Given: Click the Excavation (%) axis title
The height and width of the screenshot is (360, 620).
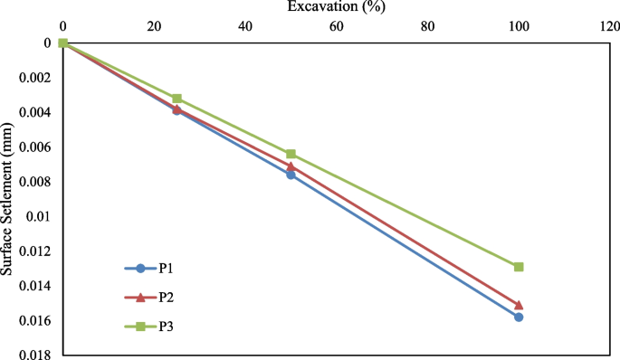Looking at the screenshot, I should point(334,7).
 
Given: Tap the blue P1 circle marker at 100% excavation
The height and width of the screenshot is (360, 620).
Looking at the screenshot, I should point(519,317).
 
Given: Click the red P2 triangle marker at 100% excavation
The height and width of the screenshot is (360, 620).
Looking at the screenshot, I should point(519,305).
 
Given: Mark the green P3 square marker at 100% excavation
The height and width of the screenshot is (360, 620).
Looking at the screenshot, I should point(519,267).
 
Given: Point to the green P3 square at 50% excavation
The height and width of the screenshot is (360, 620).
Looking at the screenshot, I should point(291,154).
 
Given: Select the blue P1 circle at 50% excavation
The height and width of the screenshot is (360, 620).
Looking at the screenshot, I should point(291,174).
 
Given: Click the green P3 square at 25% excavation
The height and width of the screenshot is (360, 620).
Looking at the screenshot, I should point(176,98).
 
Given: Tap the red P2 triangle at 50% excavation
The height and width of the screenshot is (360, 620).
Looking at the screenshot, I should point(291,166).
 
